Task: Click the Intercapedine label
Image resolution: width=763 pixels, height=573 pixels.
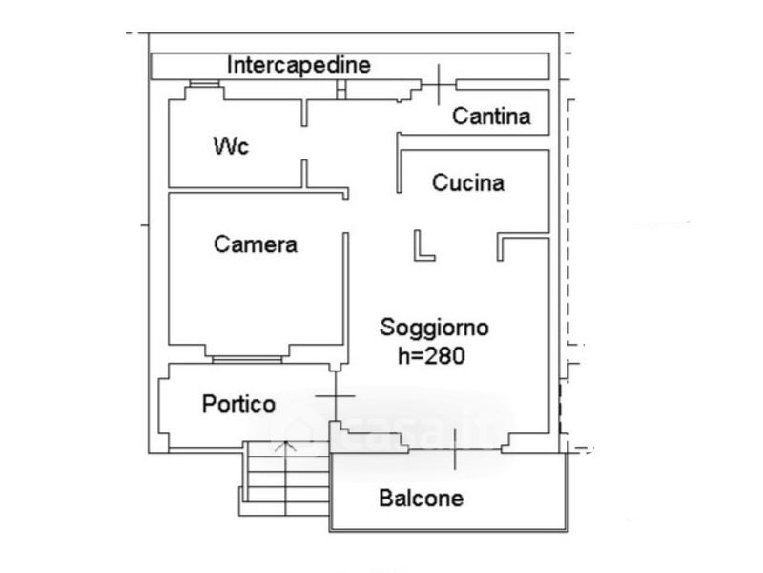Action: click(299, 65)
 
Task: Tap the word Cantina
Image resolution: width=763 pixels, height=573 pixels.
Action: click(491, 116)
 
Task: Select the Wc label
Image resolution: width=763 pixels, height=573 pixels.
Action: click(231, 146)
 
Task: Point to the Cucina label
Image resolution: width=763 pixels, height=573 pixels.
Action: click(467, 182)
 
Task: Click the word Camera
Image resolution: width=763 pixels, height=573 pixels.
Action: click(256, 244)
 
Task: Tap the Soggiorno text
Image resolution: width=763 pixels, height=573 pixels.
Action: click(434, 328)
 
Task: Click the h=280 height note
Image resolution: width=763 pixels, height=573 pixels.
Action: click(431, 355)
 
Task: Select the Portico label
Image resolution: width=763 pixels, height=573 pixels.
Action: click(238, 403)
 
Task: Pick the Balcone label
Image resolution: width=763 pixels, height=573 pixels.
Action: click(421, 498)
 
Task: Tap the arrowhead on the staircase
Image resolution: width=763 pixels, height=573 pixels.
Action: click(285, 445)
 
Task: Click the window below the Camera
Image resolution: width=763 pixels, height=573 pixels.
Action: click(247, 360)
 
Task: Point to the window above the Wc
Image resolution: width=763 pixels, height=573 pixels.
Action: click(204, 84)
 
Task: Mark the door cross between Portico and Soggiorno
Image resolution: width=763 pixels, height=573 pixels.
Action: click(336, 396)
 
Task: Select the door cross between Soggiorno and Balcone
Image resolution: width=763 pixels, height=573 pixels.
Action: click(456, 449)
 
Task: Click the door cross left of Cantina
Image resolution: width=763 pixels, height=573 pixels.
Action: click(439, 85)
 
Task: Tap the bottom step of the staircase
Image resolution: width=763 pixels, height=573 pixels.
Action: click(284, 509)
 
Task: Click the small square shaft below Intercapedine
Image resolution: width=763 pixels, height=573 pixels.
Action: click(341, 90)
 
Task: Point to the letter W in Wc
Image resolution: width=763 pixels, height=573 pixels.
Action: click(224, 146)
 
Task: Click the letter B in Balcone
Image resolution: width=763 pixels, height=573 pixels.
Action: click(385, 498)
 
